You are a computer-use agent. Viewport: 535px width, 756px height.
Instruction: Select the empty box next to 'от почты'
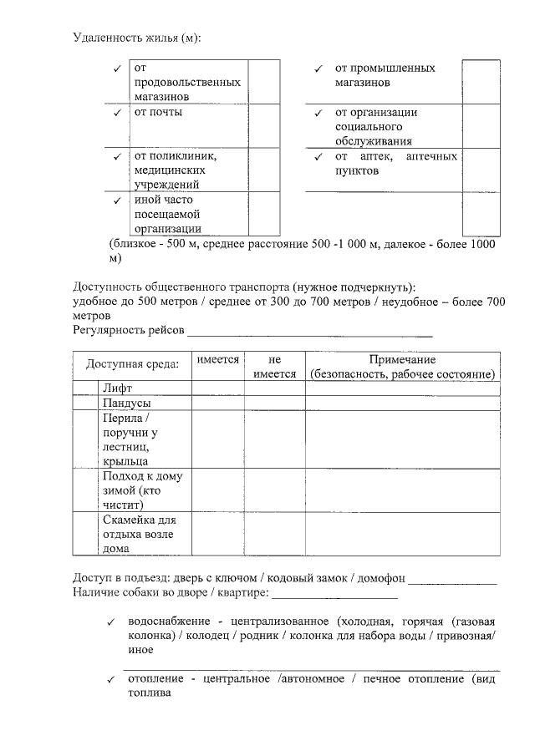click(263, 126)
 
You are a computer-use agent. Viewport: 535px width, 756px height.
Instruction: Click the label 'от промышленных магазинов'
click(385, 75)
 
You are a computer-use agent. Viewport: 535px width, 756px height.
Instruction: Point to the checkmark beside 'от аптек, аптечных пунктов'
click(318, 158)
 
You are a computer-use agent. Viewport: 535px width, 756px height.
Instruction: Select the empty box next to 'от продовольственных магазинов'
click(263, 82)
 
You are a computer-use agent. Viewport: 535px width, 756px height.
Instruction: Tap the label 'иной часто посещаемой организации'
click(168, 214)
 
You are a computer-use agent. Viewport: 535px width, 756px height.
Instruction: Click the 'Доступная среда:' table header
click(132, 366)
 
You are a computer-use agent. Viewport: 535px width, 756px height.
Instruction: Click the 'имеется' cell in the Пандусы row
click(217, 403)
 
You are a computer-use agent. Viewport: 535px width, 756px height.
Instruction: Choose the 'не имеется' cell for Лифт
click(274, 388)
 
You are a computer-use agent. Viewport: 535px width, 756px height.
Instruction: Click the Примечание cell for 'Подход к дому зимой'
click(402, 490)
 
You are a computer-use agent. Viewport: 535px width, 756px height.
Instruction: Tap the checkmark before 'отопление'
click(110, 680)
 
